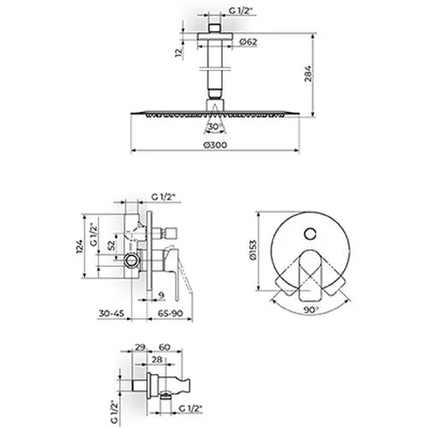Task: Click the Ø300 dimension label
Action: pos(215,145)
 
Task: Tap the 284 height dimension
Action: pos(308,74)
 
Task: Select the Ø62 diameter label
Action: pos(248,42)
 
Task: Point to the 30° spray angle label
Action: pos(215,127)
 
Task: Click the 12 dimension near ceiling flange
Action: pos(179,53)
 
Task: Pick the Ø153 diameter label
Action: pos(253,250)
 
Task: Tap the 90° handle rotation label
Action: pos(311,310)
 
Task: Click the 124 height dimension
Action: pos(80,247)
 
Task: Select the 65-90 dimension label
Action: pos(170,313)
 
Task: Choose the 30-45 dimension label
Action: pos(111,313)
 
